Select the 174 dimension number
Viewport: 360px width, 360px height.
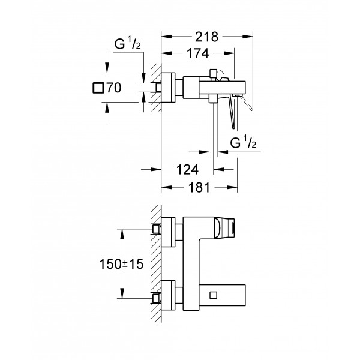196,54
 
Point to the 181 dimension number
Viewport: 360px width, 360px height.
196,188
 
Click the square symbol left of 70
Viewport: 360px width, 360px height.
98,88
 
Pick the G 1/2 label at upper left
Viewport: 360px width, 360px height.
128,45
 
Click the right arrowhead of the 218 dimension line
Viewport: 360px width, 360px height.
251,35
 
